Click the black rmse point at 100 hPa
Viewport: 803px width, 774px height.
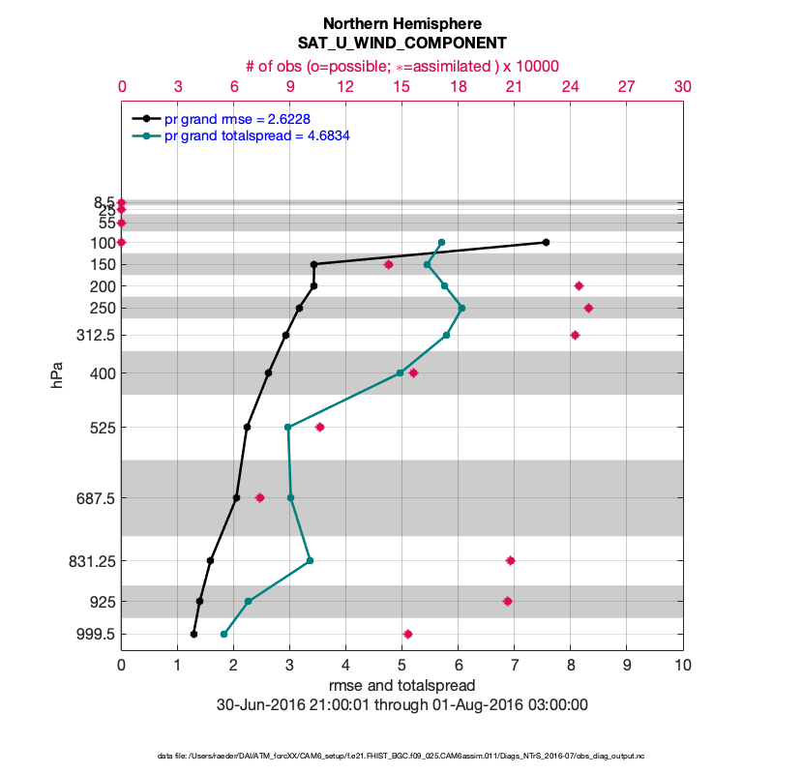coord(547,242)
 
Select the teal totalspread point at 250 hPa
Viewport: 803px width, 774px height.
coord(461,309)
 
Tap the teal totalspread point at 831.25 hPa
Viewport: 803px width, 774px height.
coord(310,560)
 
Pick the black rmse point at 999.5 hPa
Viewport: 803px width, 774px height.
coord(193,634)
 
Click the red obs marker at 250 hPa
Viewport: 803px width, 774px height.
coord(588,309)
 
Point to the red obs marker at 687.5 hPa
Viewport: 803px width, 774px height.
coord(259,497)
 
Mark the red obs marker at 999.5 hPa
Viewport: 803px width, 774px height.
coord(407,634)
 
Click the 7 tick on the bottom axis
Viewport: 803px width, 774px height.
coord(514,666)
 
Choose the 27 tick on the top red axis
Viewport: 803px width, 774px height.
coord(626,86)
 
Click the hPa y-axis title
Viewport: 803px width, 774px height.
coord(57,375)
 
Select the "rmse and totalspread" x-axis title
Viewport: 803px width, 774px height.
coord(401,685)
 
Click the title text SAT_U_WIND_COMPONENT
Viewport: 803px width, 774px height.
coord(401,44)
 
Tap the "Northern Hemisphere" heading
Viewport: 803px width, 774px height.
coord(401,23)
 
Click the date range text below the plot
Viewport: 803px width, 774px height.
coord(401,704)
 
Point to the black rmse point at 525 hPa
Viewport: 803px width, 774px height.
coord(247,427)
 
